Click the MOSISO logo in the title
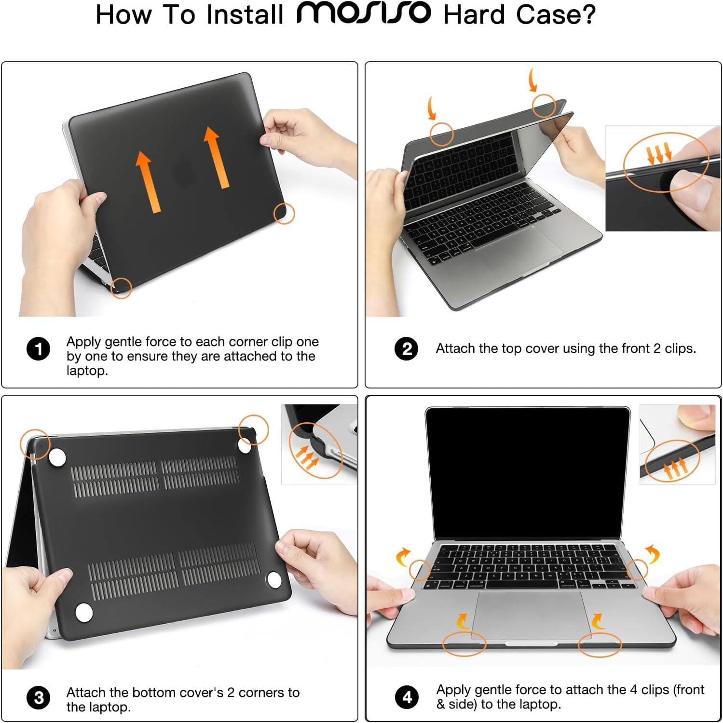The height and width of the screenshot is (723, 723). click(363, 13)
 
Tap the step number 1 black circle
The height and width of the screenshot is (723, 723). click(39, 349)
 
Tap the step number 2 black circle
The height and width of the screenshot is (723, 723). click(407, 348)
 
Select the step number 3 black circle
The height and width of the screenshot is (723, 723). click(39, 697)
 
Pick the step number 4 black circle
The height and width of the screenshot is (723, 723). click(407, 697)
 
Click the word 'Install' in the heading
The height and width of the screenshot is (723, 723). click(245, 14)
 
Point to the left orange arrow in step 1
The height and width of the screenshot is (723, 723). click(147, 181)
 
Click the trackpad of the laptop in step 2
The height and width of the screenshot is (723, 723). click(518, 248)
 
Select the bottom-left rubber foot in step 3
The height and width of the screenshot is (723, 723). click(84, 612)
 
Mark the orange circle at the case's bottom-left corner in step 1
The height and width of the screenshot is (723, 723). click(121, 288)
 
